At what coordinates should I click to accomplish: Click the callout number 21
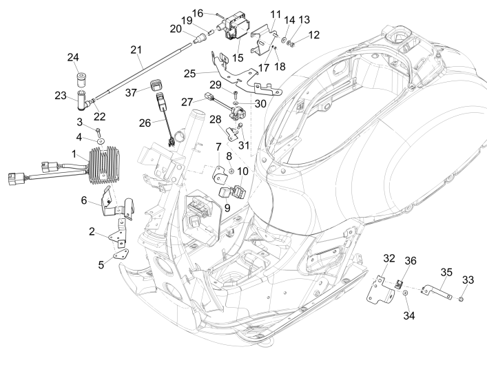[135, 50]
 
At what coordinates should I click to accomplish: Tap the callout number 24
[73, 57]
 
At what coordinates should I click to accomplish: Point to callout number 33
[468, 280]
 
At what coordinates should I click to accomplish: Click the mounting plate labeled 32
[380, 286]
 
